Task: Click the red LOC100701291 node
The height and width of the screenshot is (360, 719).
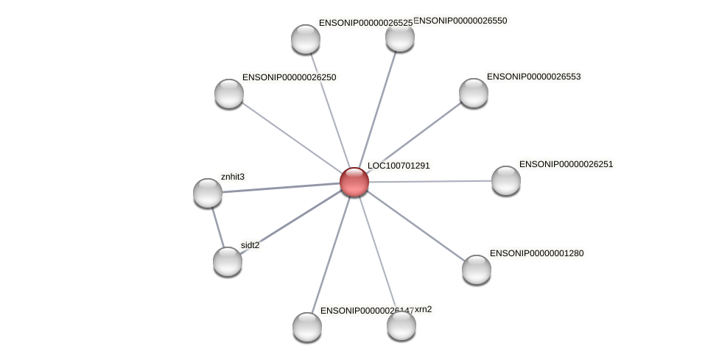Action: point(354,182)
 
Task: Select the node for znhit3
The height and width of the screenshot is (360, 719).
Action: point(208,192)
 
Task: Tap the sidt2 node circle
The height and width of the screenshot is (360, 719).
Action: point(227,261)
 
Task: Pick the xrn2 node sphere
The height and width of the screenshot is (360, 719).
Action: point(401,325)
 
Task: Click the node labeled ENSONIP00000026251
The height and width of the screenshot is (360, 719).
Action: point(505,180)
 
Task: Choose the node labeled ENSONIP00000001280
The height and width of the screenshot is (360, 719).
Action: point(476,269)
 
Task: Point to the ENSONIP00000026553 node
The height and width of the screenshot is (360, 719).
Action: point(473,92)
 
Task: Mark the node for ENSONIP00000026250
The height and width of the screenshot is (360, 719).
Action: point(228,93)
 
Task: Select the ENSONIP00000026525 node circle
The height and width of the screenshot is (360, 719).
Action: point(305,38)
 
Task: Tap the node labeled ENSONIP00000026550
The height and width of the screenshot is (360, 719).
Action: point(399,37)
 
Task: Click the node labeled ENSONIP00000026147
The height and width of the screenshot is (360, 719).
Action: point(306,326)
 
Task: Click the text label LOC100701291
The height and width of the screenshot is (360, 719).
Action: point(399,166)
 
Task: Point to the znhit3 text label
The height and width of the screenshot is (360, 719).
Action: point(233,177)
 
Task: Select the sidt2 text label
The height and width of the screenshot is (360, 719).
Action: point(250,245)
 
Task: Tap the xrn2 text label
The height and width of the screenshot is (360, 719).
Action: point(423,309)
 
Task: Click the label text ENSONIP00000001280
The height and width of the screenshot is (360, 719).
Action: point(536,253)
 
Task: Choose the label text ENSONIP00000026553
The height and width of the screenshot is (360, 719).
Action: point(533,77)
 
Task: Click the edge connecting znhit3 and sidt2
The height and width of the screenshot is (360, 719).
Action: point(217,227)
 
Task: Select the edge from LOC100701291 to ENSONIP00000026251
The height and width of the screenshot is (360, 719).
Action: point(429,181)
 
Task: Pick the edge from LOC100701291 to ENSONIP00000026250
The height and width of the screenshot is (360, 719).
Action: point(291,137)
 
